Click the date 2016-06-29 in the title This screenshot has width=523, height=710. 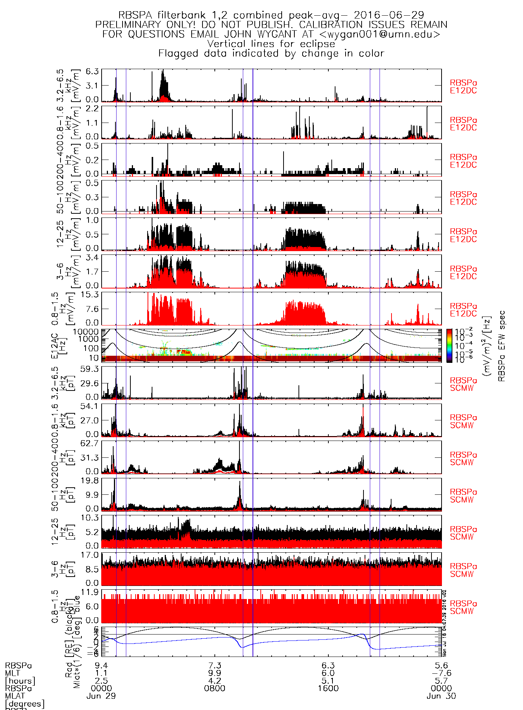click(389, 15)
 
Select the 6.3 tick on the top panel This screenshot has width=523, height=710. click(92, 71)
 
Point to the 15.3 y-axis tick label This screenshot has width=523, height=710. click(90, 294)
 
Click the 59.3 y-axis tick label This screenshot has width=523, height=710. click(90, 369)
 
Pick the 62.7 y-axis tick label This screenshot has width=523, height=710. click(90, 443)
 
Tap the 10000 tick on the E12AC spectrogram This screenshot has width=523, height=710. click(86, 331)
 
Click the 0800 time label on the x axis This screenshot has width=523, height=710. click(215, 688)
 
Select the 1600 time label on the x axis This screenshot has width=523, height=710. click(328, 688)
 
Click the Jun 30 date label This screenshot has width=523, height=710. click(441, 696)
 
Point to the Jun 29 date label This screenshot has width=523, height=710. click(101, 696)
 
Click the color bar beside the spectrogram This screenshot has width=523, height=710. click(449, 345)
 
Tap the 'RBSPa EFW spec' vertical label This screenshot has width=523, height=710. click(501, 346)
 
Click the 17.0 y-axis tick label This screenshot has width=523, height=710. click(90, 555)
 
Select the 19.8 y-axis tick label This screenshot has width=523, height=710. click(90, 480)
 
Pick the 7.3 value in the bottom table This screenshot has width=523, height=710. click(215, 666)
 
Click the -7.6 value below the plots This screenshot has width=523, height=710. click(441, 673)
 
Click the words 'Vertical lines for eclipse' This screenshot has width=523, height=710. click(271, 44)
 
